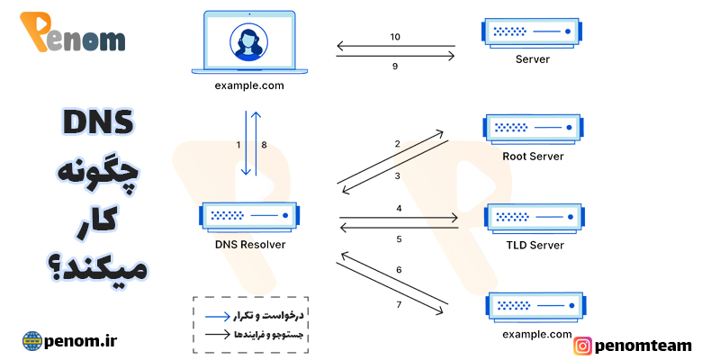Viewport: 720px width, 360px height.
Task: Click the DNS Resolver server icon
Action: coord(248,216)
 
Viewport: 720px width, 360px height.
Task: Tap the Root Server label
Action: coord(533,156)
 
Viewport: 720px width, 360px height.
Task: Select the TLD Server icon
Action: coord(533,216)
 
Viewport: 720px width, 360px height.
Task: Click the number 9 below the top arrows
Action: coord(395,65)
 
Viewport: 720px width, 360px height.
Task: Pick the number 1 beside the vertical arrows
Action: coord(238,144)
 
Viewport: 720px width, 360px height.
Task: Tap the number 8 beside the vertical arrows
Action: coord(264,144)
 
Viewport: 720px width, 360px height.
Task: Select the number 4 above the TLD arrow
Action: coord(398,209)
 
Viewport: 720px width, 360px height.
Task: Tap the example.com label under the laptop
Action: coord(249,85)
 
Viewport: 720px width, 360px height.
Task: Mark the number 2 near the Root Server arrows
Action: coord(397,144)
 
